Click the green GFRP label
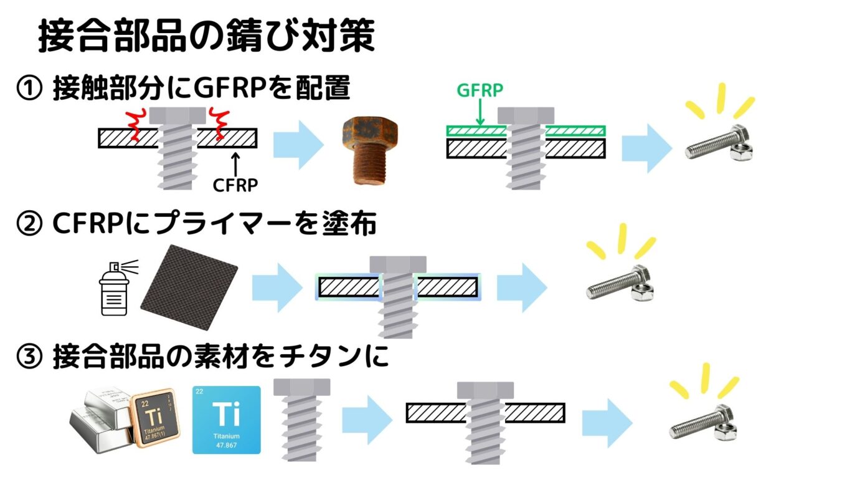click(x=480, y=90)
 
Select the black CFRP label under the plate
click(x=235, y=185)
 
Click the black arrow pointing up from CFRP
click(x=235, y=163)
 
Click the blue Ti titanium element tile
click(x=227, y=419)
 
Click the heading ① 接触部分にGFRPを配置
click(x=183, y=89)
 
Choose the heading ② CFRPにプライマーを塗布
click(x=196, y=223)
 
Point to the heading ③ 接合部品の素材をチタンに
click(x=202, y=358)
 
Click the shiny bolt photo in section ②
click(x=620, y=284)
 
